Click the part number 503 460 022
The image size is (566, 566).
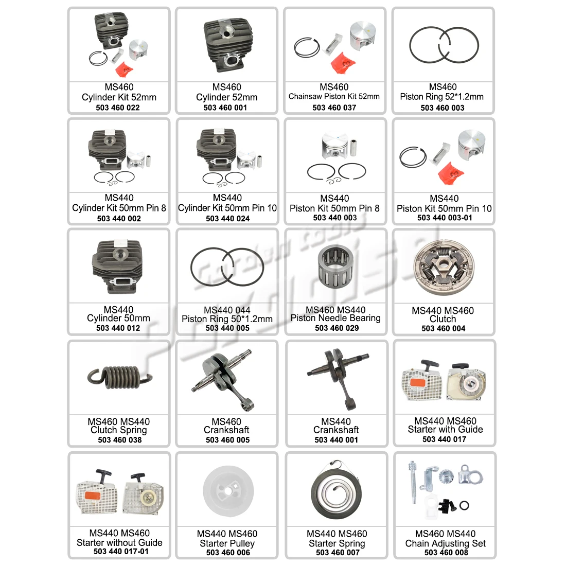118,108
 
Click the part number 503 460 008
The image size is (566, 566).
446,552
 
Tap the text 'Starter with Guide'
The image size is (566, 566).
445,430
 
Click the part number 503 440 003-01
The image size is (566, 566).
445,218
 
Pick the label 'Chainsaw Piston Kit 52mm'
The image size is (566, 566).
334,96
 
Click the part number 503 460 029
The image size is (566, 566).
337,328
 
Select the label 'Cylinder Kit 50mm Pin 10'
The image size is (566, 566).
227,208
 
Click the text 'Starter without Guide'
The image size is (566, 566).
119,542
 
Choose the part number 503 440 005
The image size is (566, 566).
227,328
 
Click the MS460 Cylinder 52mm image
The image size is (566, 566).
227,43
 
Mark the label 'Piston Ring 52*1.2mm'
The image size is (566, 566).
442,96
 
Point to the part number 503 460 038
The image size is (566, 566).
119,439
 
